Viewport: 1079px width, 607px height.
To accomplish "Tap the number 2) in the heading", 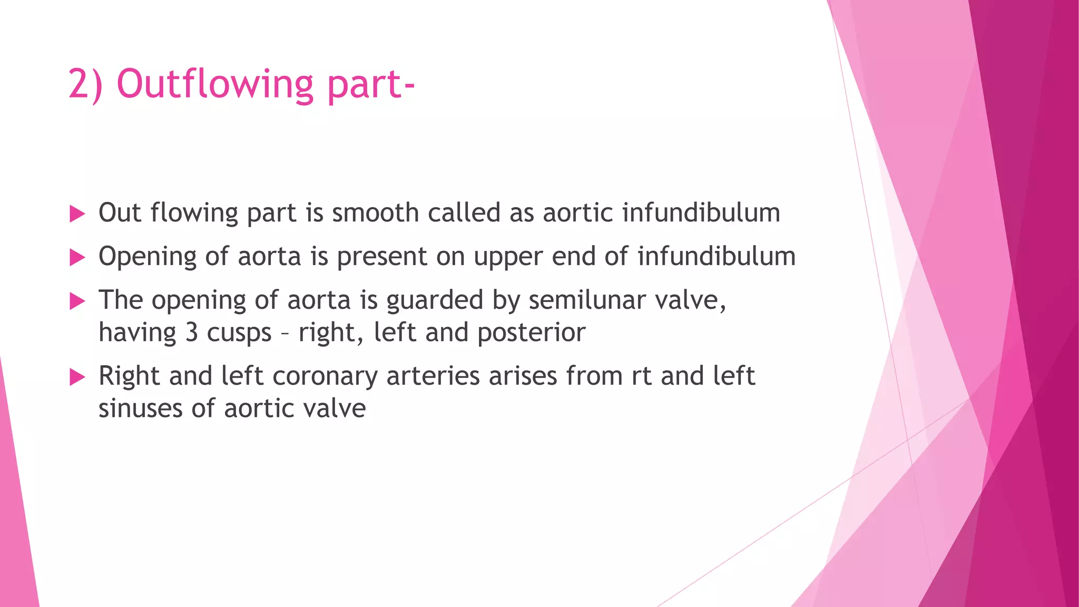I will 85,84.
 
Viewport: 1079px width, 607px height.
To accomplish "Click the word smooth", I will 375,213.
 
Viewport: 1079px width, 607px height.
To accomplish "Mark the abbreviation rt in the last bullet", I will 641,376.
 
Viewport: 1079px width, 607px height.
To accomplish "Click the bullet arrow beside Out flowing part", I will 77,214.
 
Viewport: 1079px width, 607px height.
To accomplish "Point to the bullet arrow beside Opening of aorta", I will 77,258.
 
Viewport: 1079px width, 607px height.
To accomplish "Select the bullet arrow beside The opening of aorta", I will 77,301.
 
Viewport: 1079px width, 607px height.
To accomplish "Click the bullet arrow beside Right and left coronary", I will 77,377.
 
